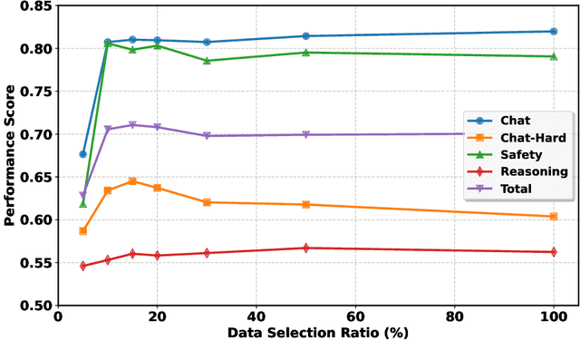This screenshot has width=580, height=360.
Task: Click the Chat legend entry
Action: (517, 121)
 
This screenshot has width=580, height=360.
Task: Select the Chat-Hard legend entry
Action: (517, 137)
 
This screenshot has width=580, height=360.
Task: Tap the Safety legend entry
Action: (517, 154)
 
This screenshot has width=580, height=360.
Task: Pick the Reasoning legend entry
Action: (517, 171)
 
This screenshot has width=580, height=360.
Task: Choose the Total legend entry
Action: (517, 189)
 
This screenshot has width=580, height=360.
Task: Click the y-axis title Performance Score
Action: (10, 154)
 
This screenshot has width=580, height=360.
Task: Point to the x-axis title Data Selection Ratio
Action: (317, 334)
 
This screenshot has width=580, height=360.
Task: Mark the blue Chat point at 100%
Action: (553, 32)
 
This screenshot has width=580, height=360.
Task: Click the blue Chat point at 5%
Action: (83, 154)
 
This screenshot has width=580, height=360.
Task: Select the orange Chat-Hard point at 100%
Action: (553, 216)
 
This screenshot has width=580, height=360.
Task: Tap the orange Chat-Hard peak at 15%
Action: (132, 181)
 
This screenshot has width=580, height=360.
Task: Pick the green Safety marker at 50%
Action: (305, 53)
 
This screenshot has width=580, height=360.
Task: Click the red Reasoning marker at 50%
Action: (305, 248)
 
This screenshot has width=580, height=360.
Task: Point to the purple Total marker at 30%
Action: (207, 136)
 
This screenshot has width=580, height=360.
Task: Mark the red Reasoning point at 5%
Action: (83, 266)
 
